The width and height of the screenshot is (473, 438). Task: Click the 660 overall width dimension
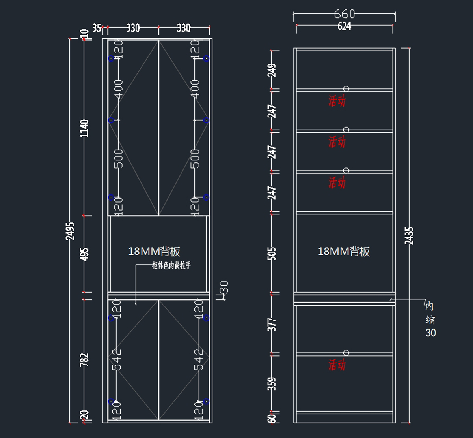pyautogui.click(x=344, y=14)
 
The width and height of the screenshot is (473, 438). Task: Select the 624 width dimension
pyautogui.click(x=344, y=26)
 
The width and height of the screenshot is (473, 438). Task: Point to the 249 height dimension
pyautogui.click(x=272, y=70)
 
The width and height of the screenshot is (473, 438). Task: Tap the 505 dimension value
pyautogui.click(x=272, y=254)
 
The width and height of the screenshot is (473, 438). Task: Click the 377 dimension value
pyautogui.click(x=272, y=324)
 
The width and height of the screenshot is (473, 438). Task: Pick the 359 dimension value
pyautogui.click(x=272, y=383)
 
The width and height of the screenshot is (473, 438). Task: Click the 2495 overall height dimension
pyautogui.click(x=70, y=231)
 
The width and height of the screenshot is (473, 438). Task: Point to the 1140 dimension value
pyautogui.click(x=84, y=128)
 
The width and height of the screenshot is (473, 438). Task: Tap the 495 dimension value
pyautogui.click(x=84, y=254)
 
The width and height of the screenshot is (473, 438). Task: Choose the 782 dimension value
pyautogui.click(x=84, y=360)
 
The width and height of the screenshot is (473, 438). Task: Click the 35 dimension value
pyautogui.click(x=97, y=28)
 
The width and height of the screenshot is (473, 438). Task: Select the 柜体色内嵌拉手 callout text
pyautogui.click(x=171, y=265)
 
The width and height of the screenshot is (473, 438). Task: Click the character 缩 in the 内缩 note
pyautogui.click(x=430, y=320)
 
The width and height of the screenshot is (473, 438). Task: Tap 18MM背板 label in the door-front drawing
pyautogui.click(x=154, y=251)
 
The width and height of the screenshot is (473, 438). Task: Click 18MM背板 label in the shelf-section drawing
pyautogui.click(x=344, y=251)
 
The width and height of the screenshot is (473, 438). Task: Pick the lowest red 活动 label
pyautogui.click(x=337, y=365)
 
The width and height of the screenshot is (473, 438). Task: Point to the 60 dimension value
pyautogui.click(x=272, y=418)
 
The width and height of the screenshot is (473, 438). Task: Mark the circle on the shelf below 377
pyautogui.click(x=346, y=353)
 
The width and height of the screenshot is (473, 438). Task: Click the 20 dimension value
pyautogui.click(x=84, y=415)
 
